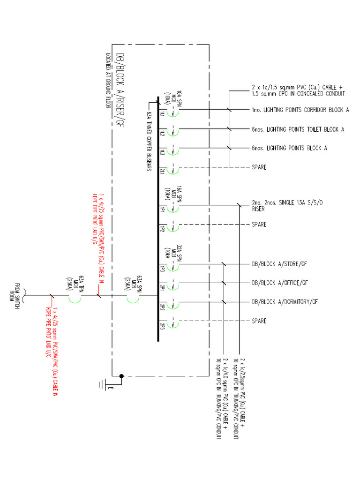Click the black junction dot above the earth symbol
[x=121, y=375]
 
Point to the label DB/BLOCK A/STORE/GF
[x=279, y=263]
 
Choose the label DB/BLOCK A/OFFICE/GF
[x=280, y=283]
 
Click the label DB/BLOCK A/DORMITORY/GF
[x=285, y=301]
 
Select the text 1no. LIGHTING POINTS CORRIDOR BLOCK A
[x=300, y=110]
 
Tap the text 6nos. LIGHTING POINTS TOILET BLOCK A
[x=298, y=129]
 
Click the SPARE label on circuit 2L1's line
[x=259, y=167]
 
